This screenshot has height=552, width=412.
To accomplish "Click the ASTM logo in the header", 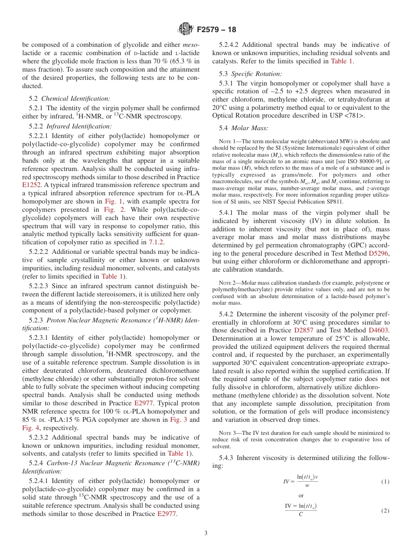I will coord(186,30).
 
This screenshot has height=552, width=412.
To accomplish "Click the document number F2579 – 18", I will coord(216,30).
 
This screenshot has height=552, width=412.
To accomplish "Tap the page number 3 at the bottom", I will coord(206,533).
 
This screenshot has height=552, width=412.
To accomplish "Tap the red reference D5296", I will coord(379,253).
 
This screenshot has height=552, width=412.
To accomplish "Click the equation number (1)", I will coord(385,482).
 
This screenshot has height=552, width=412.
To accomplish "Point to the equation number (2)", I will coord(385,511).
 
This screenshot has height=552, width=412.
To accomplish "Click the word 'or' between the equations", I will coord(301,496).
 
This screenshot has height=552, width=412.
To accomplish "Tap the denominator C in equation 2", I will coord(301,515).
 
